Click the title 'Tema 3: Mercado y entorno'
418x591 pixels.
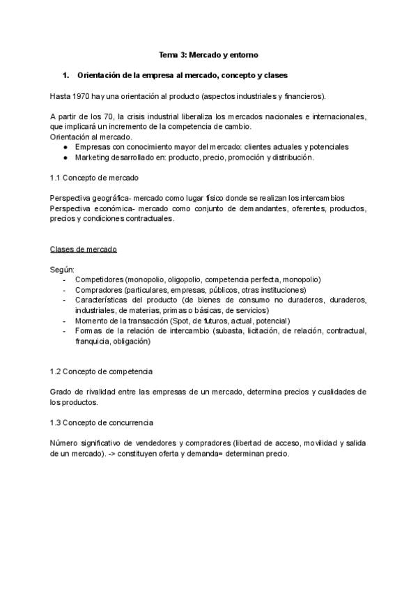(209, 54)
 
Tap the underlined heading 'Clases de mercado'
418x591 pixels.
(84, 249)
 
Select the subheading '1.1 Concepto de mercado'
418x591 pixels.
(95, 178)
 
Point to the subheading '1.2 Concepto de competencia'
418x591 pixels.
(101, 371)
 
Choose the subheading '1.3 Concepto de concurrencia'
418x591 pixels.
(102, 423)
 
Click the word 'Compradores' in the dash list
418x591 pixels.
(98, 290)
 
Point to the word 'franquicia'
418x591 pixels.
(94, 341)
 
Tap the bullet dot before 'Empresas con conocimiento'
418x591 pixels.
(65, 147)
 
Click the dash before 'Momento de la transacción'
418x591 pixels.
(65, 321)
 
